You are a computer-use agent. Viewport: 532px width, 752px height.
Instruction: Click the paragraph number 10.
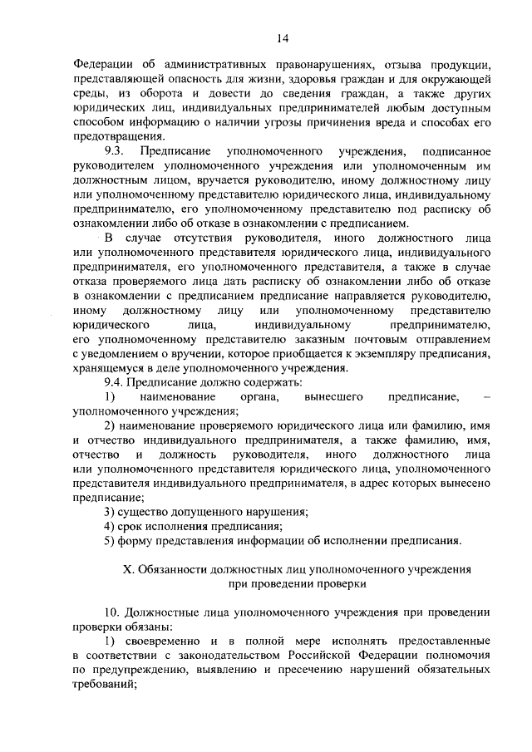tap(112, 612)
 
